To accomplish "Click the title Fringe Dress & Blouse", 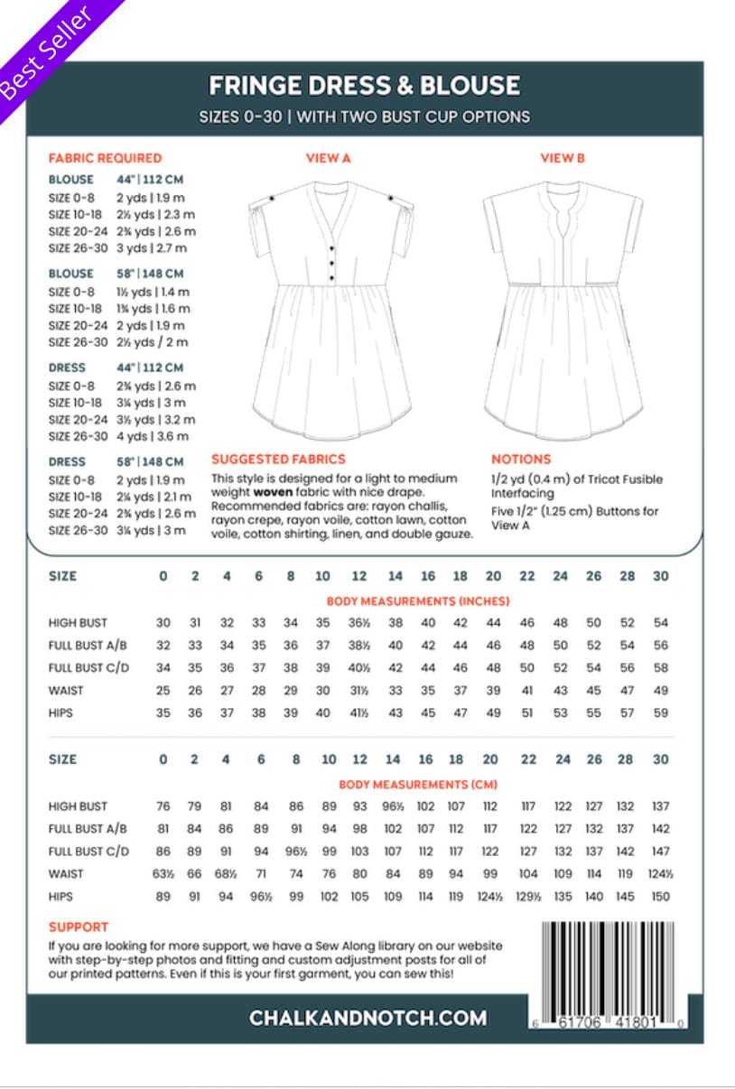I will click(364, 87).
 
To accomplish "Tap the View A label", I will click(328, 158).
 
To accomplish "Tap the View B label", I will click(563, 158).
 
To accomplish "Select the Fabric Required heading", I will click(105, 158).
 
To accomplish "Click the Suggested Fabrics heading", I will click(278, 459).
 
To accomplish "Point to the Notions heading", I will click(521, 459).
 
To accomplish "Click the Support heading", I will click(79, 926).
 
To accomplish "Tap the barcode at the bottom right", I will click(612, 970).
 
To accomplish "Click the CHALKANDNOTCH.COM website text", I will click(367, 1018).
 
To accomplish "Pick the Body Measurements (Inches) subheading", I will click(417, 601).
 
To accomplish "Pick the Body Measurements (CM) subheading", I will click(417, 785).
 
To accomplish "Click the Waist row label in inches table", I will click(66, 691).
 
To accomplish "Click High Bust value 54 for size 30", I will click(660, 623).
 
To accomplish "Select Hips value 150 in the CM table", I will click(660, 897).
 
